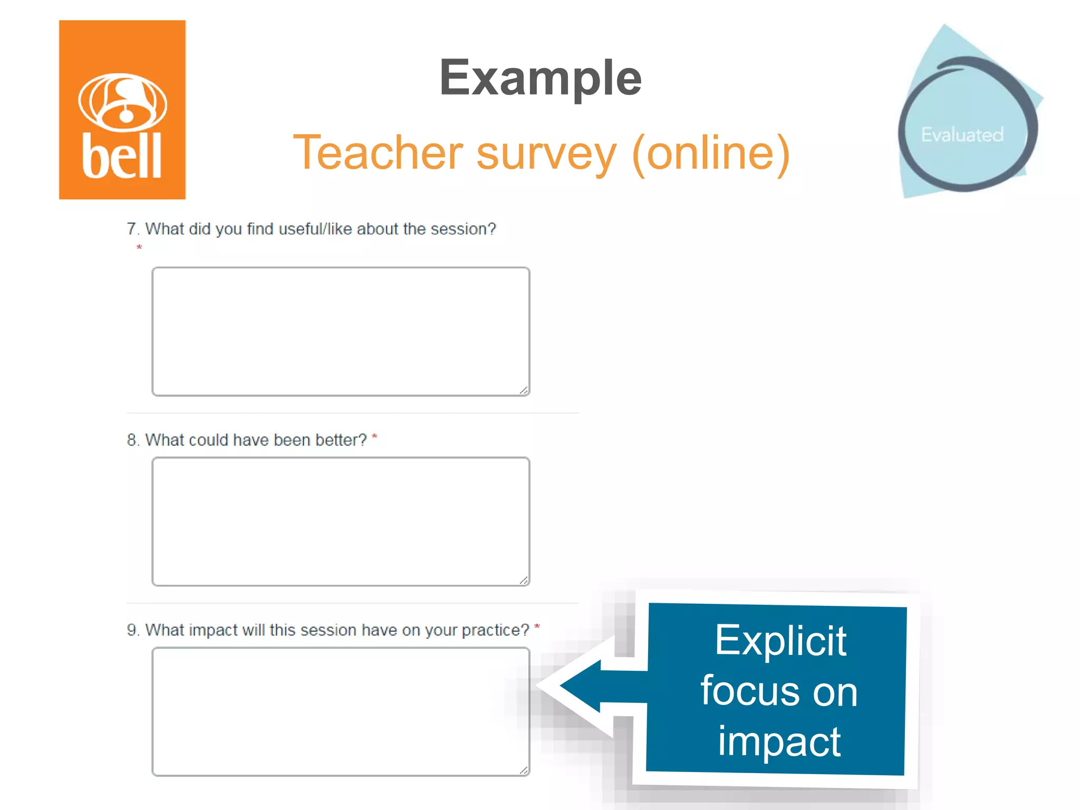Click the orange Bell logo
point(122,110)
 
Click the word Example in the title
point(540,78)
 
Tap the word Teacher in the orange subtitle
point(378,153)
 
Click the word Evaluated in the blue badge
point(962,135)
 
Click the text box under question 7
point(341,331)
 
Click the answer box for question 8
point(341,521)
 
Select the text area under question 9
point(341,711)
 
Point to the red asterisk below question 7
point(139,247)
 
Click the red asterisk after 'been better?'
point(374,437)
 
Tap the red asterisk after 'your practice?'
point(537,626)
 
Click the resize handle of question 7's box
point(524,390)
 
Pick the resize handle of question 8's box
point(524,580)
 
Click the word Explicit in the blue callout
point(780,641)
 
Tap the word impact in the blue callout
point(779,741)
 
